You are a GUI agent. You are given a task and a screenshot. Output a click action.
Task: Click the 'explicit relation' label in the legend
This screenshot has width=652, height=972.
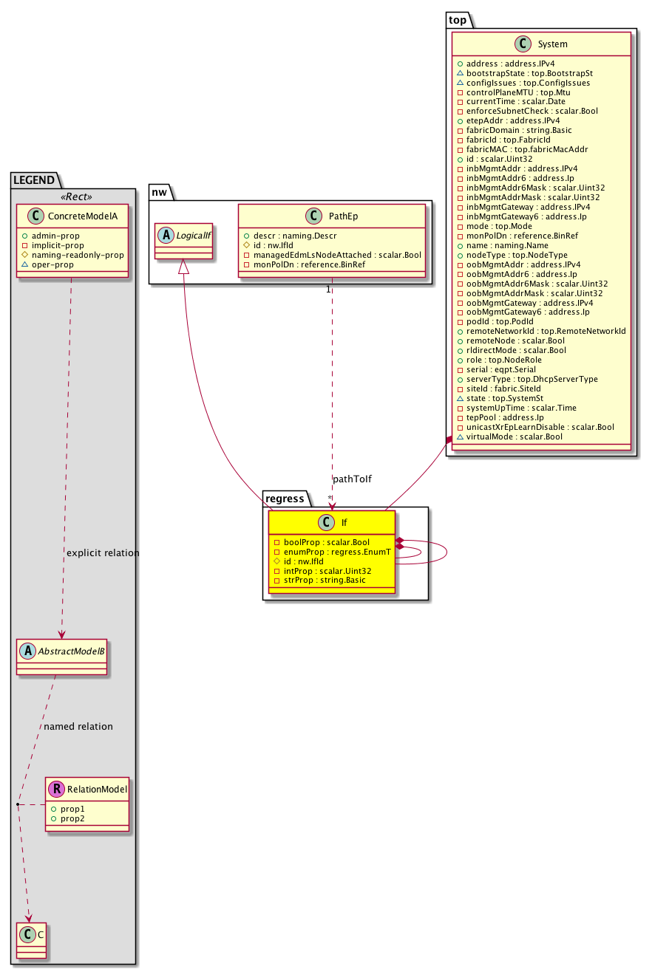coord(103,553)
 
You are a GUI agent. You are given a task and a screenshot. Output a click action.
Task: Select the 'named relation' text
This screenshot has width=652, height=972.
coord(78,727)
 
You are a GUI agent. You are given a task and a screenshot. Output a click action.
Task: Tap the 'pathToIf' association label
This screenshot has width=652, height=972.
coord(352,479)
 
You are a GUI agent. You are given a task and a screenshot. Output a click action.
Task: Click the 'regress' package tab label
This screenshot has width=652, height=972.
coord(284,499)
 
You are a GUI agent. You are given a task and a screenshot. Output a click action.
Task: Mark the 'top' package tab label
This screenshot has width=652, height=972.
coord(458,18)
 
